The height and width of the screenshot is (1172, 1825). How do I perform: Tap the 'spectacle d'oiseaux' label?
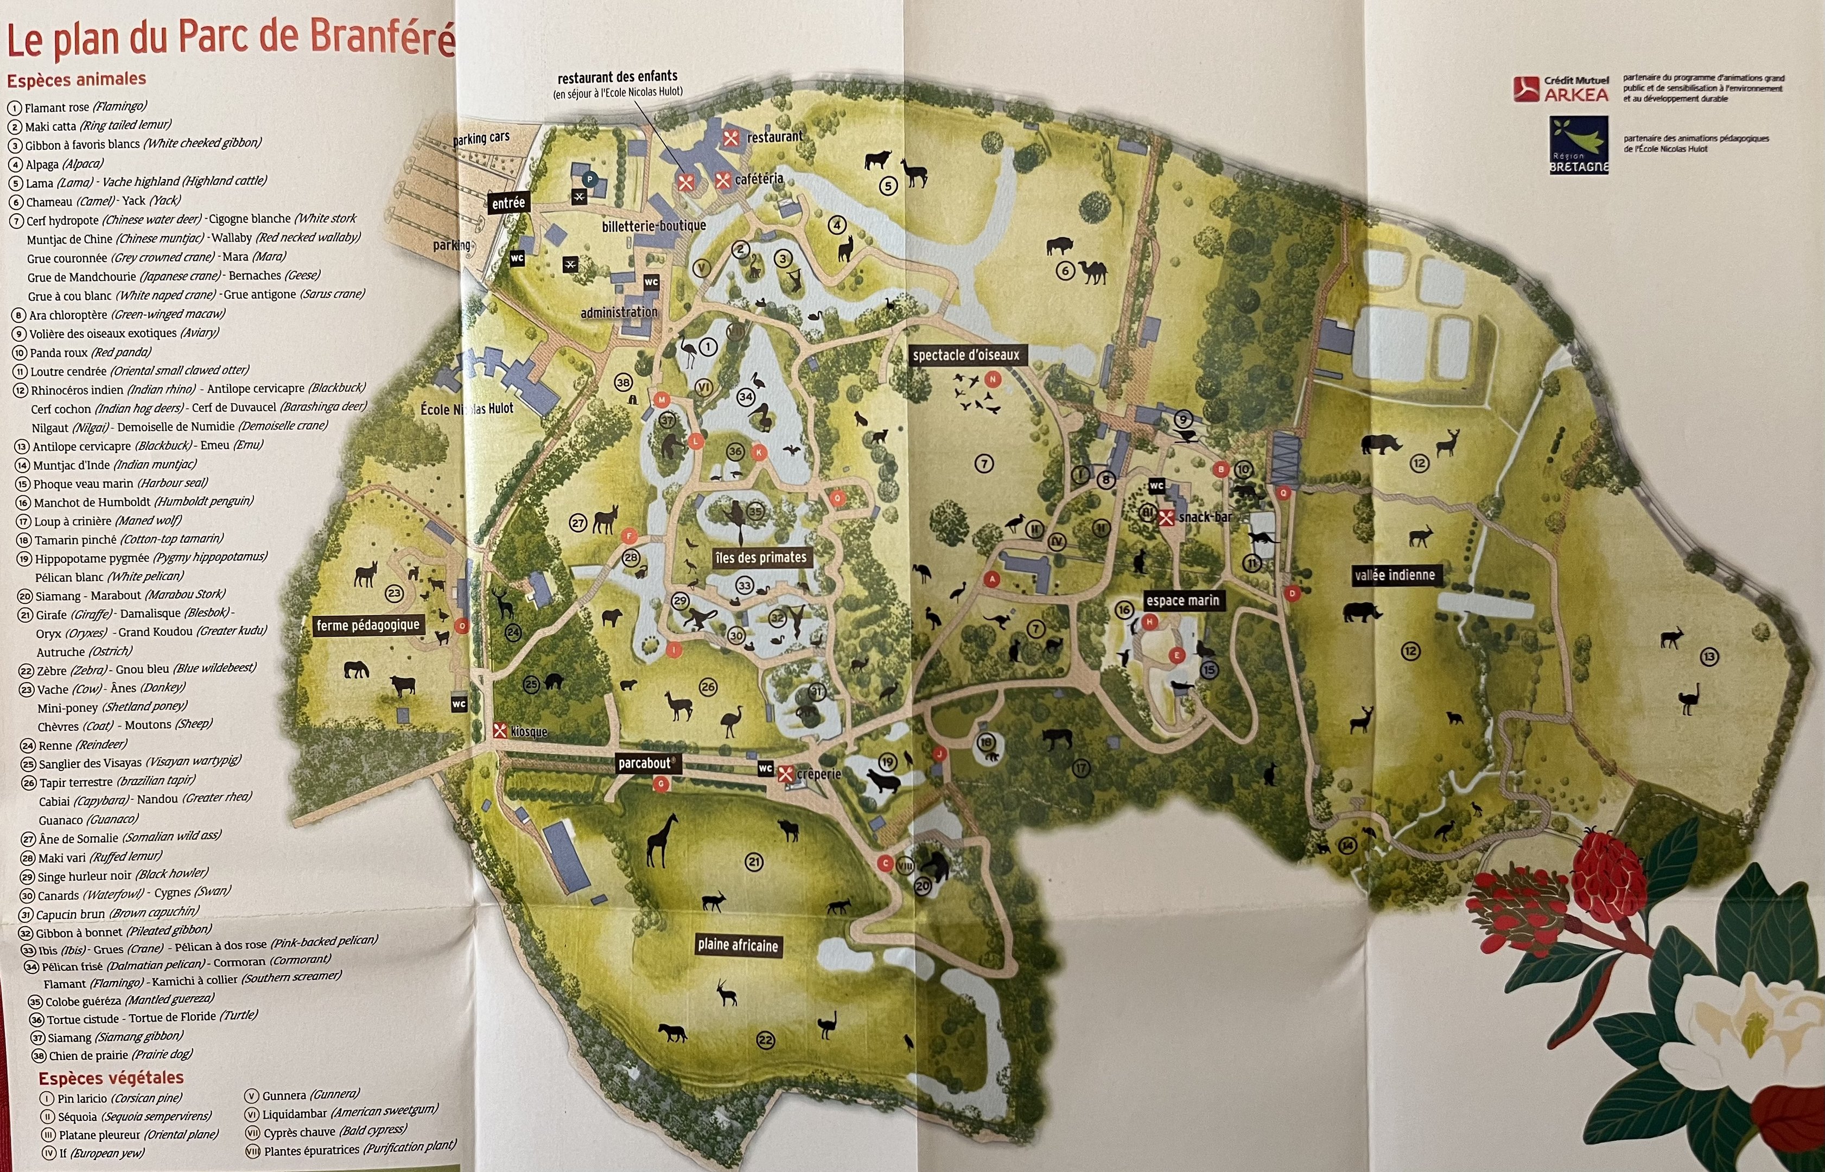[x=966, y=355]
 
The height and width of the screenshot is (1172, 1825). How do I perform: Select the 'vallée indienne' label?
[x=1394, y=575]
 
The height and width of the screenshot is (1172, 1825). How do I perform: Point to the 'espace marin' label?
[x=1182, y=601]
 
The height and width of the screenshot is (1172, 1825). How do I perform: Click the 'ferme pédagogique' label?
[x=367, y=626]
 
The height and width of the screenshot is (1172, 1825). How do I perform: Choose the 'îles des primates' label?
[x=760, y=558]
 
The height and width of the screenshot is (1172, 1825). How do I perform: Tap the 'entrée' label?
[x=508, y=203]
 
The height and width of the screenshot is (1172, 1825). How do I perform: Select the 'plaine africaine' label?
[x=737, y=945]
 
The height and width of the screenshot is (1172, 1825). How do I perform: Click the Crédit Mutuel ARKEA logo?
[x=1561, y=89]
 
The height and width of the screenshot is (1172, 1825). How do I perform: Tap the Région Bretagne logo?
[x=1579, y=144]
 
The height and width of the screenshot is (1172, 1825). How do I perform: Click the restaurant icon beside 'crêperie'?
[x=785, y=773]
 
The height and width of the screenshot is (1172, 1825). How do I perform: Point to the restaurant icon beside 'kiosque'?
[x=500, y=730]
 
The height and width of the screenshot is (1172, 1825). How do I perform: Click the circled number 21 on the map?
[x=753, y=862]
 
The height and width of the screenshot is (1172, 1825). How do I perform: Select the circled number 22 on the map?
[x=765, y=1040]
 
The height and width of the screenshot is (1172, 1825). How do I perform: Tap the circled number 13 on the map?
[x=1709, y=657]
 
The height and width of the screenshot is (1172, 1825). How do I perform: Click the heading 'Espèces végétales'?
[x=111, y=1078]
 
